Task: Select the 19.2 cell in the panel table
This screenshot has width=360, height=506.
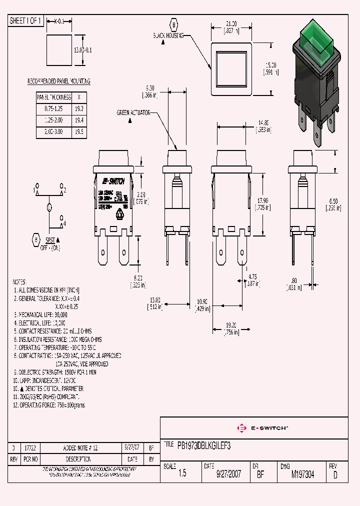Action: coord(78,108)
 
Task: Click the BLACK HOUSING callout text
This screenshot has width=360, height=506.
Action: coord(168,36)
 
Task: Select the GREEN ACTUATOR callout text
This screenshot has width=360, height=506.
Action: coord(133,113)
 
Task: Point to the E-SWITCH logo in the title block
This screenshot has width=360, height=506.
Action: coord(261,428)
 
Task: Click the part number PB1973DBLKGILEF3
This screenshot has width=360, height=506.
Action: coord(204,444)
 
